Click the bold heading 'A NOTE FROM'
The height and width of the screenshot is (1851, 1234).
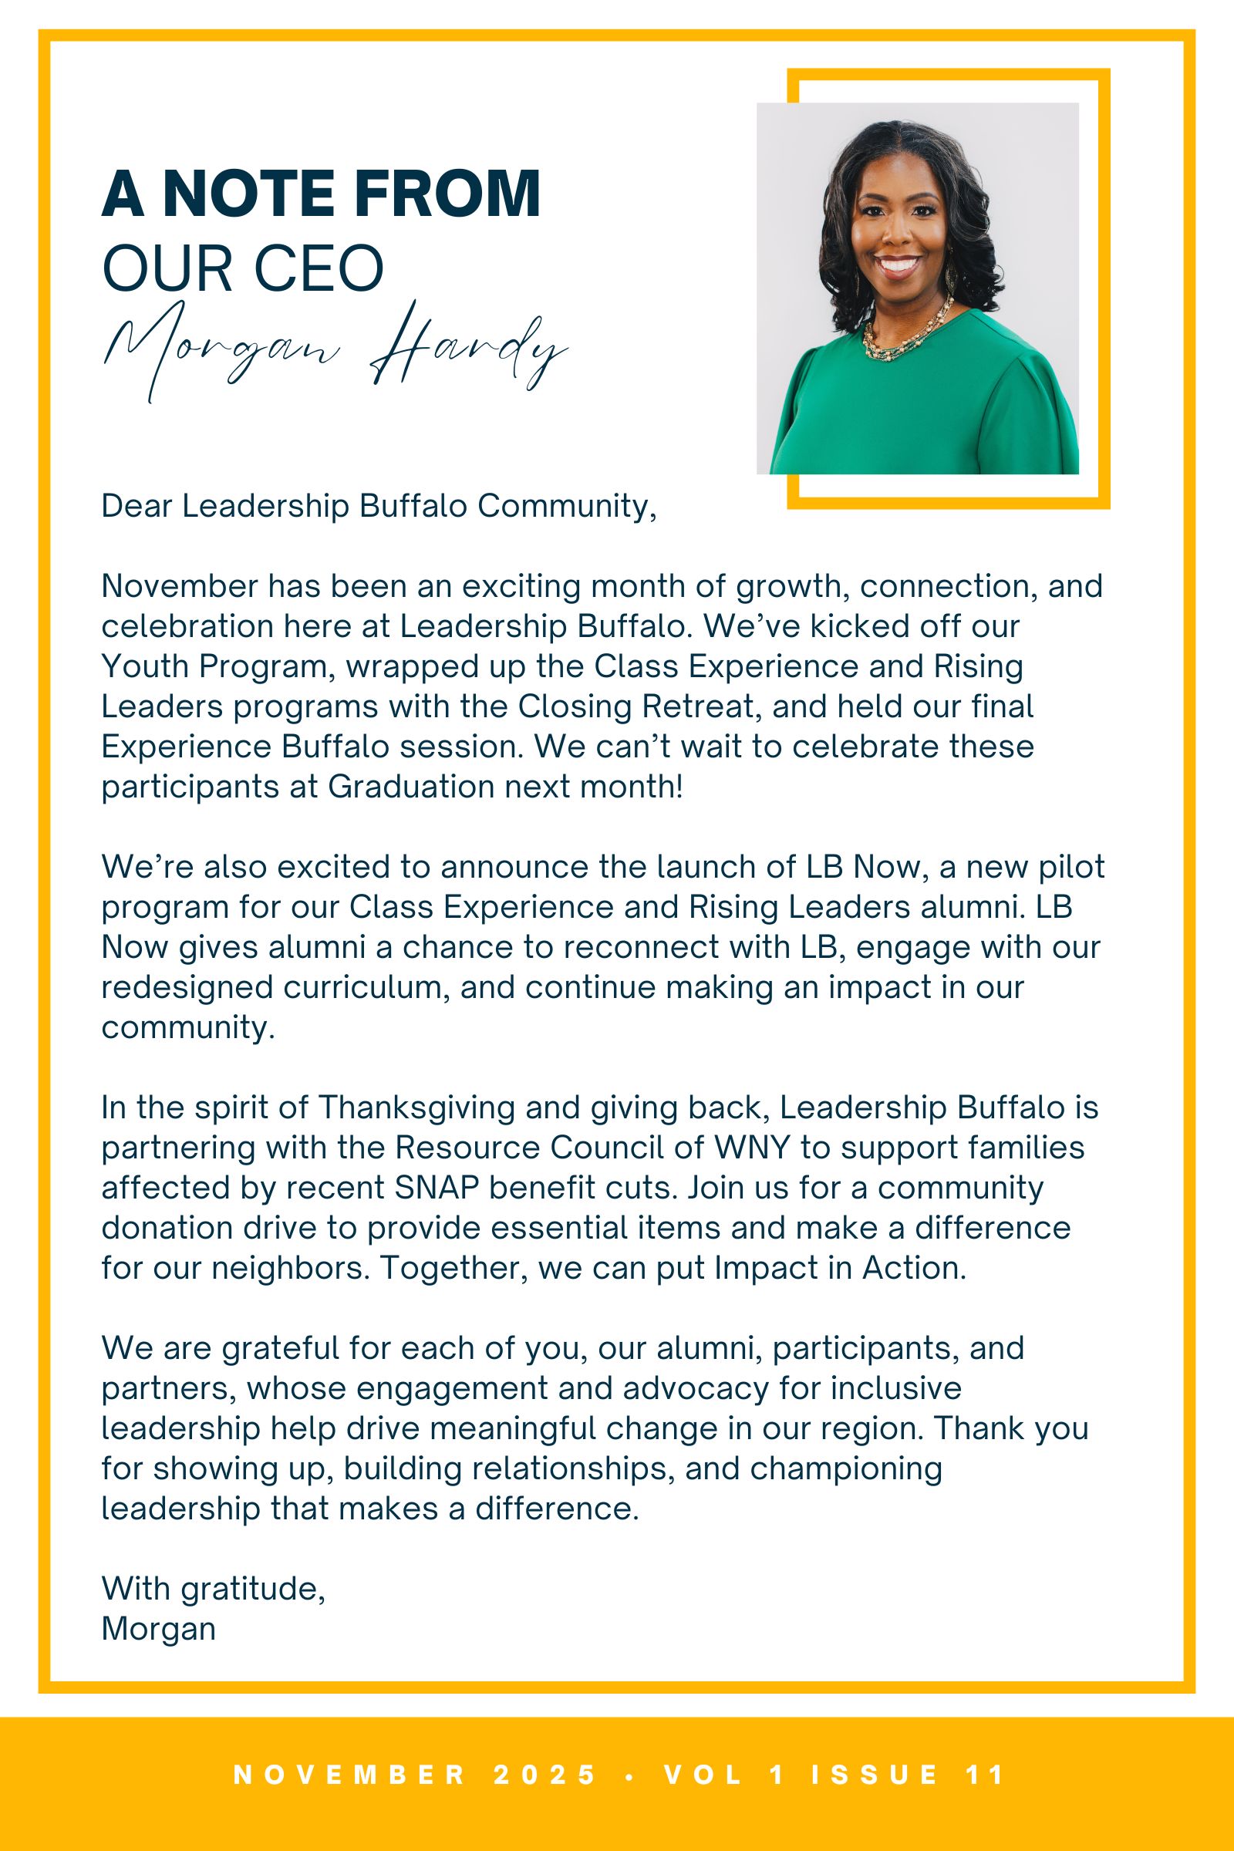[321, 194]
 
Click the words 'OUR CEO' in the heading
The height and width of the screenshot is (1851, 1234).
[243, 269]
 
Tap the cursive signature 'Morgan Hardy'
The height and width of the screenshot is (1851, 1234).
[335, 350]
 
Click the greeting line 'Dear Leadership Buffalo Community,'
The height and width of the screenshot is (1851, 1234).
[379, 506]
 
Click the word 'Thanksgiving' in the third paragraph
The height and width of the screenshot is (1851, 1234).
[417, 1108]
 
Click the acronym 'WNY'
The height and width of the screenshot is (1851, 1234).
[751, 1148]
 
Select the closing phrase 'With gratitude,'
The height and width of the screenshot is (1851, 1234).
[214, 1589]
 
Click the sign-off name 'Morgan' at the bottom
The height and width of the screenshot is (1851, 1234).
[158, 1629]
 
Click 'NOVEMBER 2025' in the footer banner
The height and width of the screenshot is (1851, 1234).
[415, 1775]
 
